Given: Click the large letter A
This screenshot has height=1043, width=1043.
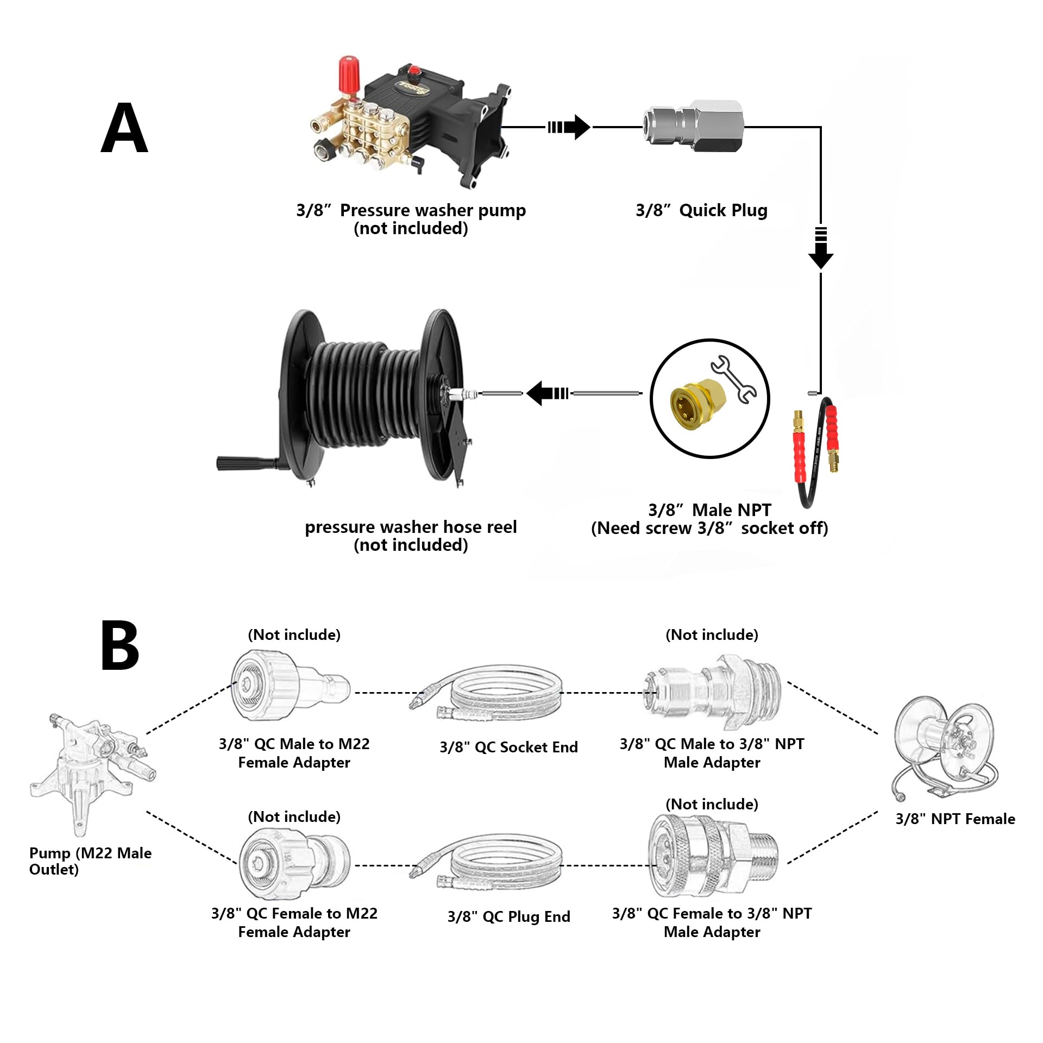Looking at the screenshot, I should tap(124, 128).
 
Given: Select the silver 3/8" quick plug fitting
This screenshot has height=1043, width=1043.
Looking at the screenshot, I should tap(693, 127).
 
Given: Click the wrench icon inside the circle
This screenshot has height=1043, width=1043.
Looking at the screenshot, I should tap(733, 379).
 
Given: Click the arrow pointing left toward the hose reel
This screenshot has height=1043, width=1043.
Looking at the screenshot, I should tap(546, 393).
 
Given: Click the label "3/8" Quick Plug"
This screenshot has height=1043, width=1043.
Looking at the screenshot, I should tap(701, 210).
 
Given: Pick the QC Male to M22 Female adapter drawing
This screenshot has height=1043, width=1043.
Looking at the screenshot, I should tap(290, 687).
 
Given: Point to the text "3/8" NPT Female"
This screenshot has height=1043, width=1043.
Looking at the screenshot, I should tap(955, 819).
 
